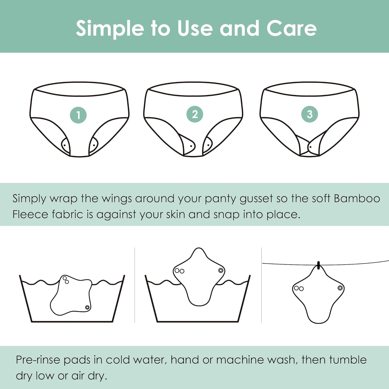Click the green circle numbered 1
coord(78,115)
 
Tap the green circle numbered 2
coord(195,114)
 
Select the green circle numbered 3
coord(309,114)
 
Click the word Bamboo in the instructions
coord(357,198)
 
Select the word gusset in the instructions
coord(256,199)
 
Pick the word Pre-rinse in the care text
coord(38,360)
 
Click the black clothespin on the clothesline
coord(319,265)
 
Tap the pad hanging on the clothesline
coord(318,296)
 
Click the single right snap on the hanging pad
coord(340,288)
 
